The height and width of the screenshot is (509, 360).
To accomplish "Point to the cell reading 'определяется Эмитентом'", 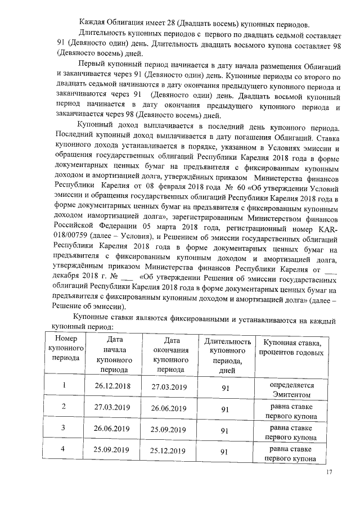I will pos(291,387).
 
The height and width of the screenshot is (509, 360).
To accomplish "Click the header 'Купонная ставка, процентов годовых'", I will pos(291,348).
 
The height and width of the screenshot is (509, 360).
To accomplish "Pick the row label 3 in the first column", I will pos(63,429).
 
